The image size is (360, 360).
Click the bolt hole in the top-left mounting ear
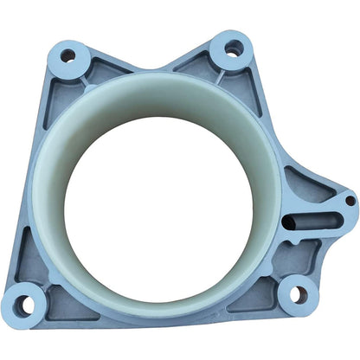pyautogui.click(x=67, y=56)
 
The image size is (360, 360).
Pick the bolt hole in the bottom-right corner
pyautogui.click(x=298, y=294)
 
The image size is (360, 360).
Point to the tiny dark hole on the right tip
pyautogui.click(x=350, y=201)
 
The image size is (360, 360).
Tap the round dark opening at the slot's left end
pyautogui.click(x=290, y=223)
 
